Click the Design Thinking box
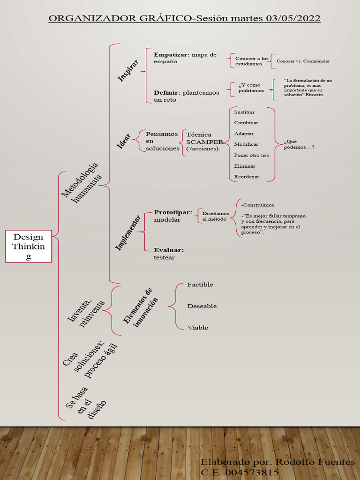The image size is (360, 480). [x=28, y=246]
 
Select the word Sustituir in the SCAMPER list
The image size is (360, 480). [x=244, y=112]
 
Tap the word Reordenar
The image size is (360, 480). [x=247, y=177]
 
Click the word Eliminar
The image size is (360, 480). [x=245, y=166]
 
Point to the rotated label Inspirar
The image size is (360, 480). [x=127, y=70]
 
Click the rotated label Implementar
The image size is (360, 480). [x=128, y=233]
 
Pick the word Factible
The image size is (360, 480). [x=200, y=285]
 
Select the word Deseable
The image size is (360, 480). [x=202, y=306]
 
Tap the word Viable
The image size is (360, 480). [x=197, y=328]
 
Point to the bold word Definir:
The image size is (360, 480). [x=167, y=92]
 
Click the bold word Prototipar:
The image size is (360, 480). [x=173, y=212]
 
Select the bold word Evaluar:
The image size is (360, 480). [x=169, y=250]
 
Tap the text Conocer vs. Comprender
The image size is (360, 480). [x=303, y=61]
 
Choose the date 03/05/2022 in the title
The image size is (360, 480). [x=293, y=18]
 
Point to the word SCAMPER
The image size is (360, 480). [x=204, y=142]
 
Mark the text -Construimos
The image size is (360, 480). [x=257, y=205]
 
